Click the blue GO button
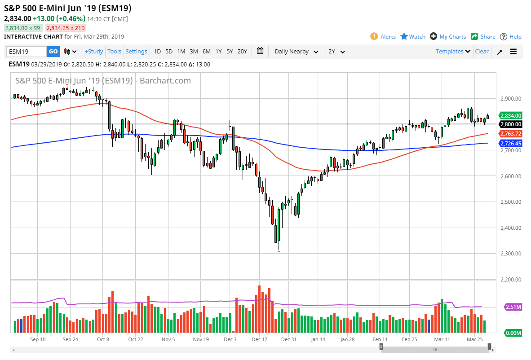pos(53,52)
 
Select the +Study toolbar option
pos(94,52)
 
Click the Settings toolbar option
pos(136,52)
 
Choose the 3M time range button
pos(194,52)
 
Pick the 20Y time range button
pos(242,52)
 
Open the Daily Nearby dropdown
pos(296,52)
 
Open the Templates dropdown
pos(453,52)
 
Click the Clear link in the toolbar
pos(482,52)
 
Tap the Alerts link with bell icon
pos(383,37)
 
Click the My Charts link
pos(448,37)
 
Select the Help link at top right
pos(511,37)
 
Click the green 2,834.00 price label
pos(511,115)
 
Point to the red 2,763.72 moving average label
pos(511,134)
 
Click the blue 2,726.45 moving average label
pos(511,143)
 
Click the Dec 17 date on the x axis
pos(260,340)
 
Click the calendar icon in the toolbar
pos(260,51)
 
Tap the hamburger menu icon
pos(513,52)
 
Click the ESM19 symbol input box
pos(27,52)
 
